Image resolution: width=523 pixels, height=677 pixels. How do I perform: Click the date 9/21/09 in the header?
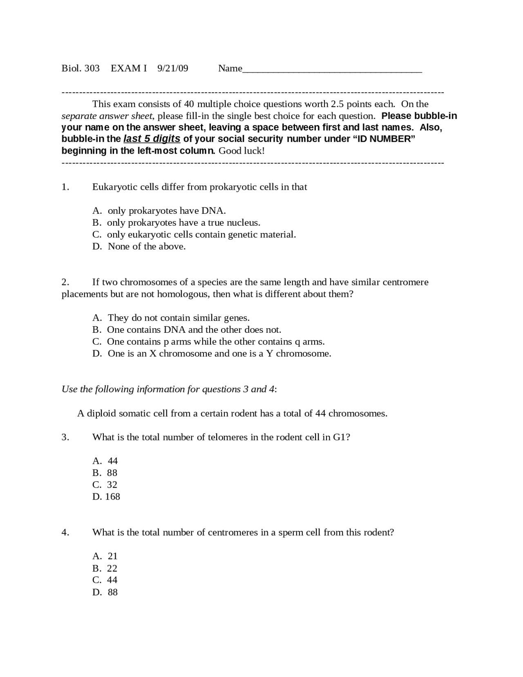pos(172,68)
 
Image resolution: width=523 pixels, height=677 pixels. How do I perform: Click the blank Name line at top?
pos(332,69)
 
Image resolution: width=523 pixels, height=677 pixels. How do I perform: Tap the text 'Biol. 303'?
pos(80,68)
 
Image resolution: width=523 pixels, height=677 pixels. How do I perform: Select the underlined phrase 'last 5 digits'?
pos(152,139)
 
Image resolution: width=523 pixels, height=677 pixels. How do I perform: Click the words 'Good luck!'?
pos(241,151)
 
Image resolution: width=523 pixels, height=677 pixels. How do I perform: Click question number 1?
pos(65,187)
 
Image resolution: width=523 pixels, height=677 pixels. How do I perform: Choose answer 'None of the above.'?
pos(146,247)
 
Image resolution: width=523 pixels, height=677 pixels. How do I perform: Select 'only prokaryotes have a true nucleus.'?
pos(183,223)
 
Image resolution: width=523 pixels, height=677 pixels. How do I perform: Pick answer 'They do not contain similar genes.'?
pos(178,318)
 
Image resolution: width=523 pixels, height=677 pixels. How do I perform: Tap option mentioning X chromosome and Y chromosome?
pos(219,354)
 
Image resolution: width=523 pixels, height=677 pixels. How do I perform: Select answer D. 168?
pos(106,497)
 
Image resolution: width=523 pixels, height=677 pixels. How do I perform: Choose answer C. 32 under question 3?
pos(105,485)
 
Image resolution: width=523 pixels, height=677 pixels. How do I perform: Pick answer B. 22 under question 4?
pos(105,568)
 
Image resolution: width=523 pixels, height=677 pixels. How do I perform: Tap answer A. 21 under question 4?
pos(105,556)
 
